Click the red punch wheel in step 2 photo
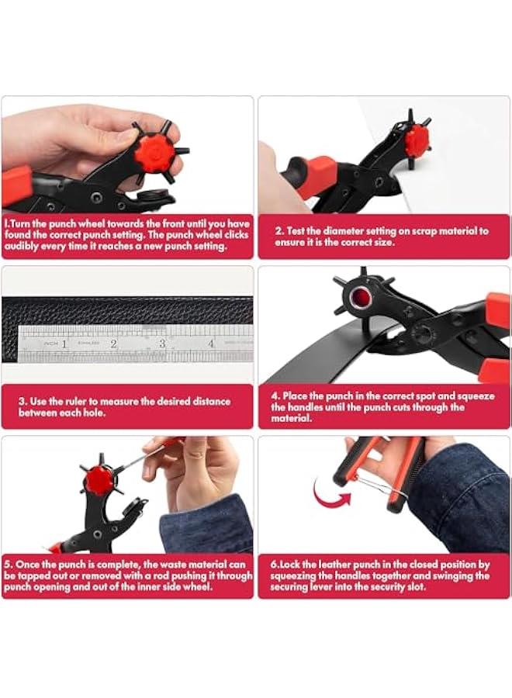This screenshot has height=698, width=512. point(417,142)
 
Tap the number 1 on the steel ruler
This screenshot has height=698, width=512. point(64,342)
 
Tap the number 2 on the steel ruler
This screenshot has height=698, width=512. point(113,342)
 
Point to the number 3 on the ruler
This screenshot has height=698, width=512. point(162,342)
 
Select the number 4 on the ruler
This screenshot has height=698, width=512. point(210,342)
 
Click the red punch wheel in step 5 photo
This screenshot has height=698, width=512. point(99,480)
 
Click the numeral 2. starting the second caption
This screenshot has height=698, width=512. point(280,231)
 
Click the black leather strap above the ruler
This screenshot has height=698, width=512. point(124,310)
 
